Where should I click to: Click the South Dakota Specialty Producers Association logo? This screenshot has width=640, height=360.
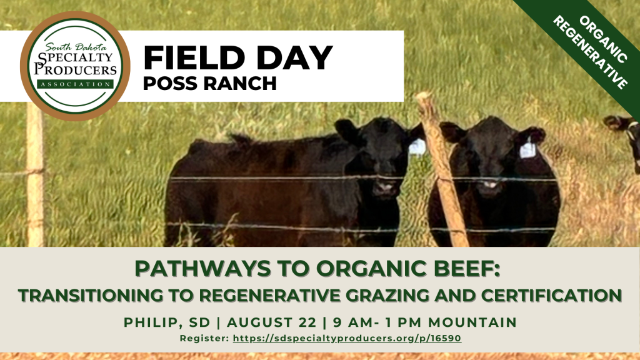(x=75, y=66)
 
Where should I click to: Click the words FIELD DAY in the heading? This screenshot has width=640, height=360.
(x=238, y=57)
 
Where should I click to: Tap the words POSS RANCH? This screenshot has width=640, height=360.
(x=210, y=83)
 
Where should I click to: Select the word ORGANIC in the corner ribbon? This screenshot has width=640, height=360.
(x=603, y=39)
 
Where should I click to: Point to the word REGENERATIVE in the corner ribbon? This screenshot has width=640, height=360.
(x=590, y=52)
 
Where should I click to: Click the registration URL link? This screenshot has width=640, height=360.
(x=347, y=338)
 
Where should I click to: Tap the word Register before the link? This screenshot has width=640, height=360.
(x=204, y=338)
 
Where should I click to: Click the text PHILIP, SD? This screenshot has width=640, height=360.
(x=167, y=322)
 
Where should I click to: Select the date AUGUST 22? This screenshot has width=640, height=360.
(x=271, y=322)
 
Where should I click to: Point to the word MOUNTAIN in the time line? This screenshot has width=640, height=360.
(x=472, y=322)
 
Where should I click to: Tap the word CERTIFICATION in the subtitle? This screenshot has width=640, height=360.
(x=551, y=295)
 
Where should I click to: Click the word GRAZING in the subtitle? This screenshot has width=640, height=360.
(x=384, y=295)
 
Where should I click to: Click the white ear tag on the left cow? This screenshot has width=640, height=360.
(x=417, y=147)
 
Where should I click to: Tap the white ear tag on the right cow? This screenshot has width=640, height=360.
(x=527, y=149)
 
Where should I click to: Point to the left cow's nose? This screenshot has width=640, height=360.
(x=384, y=188)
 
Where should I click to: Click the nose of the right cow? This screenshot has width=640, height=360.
(x=490, y=186)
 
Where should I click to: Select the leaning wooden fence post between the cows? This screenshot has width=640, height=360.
(x=442, y=169)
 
